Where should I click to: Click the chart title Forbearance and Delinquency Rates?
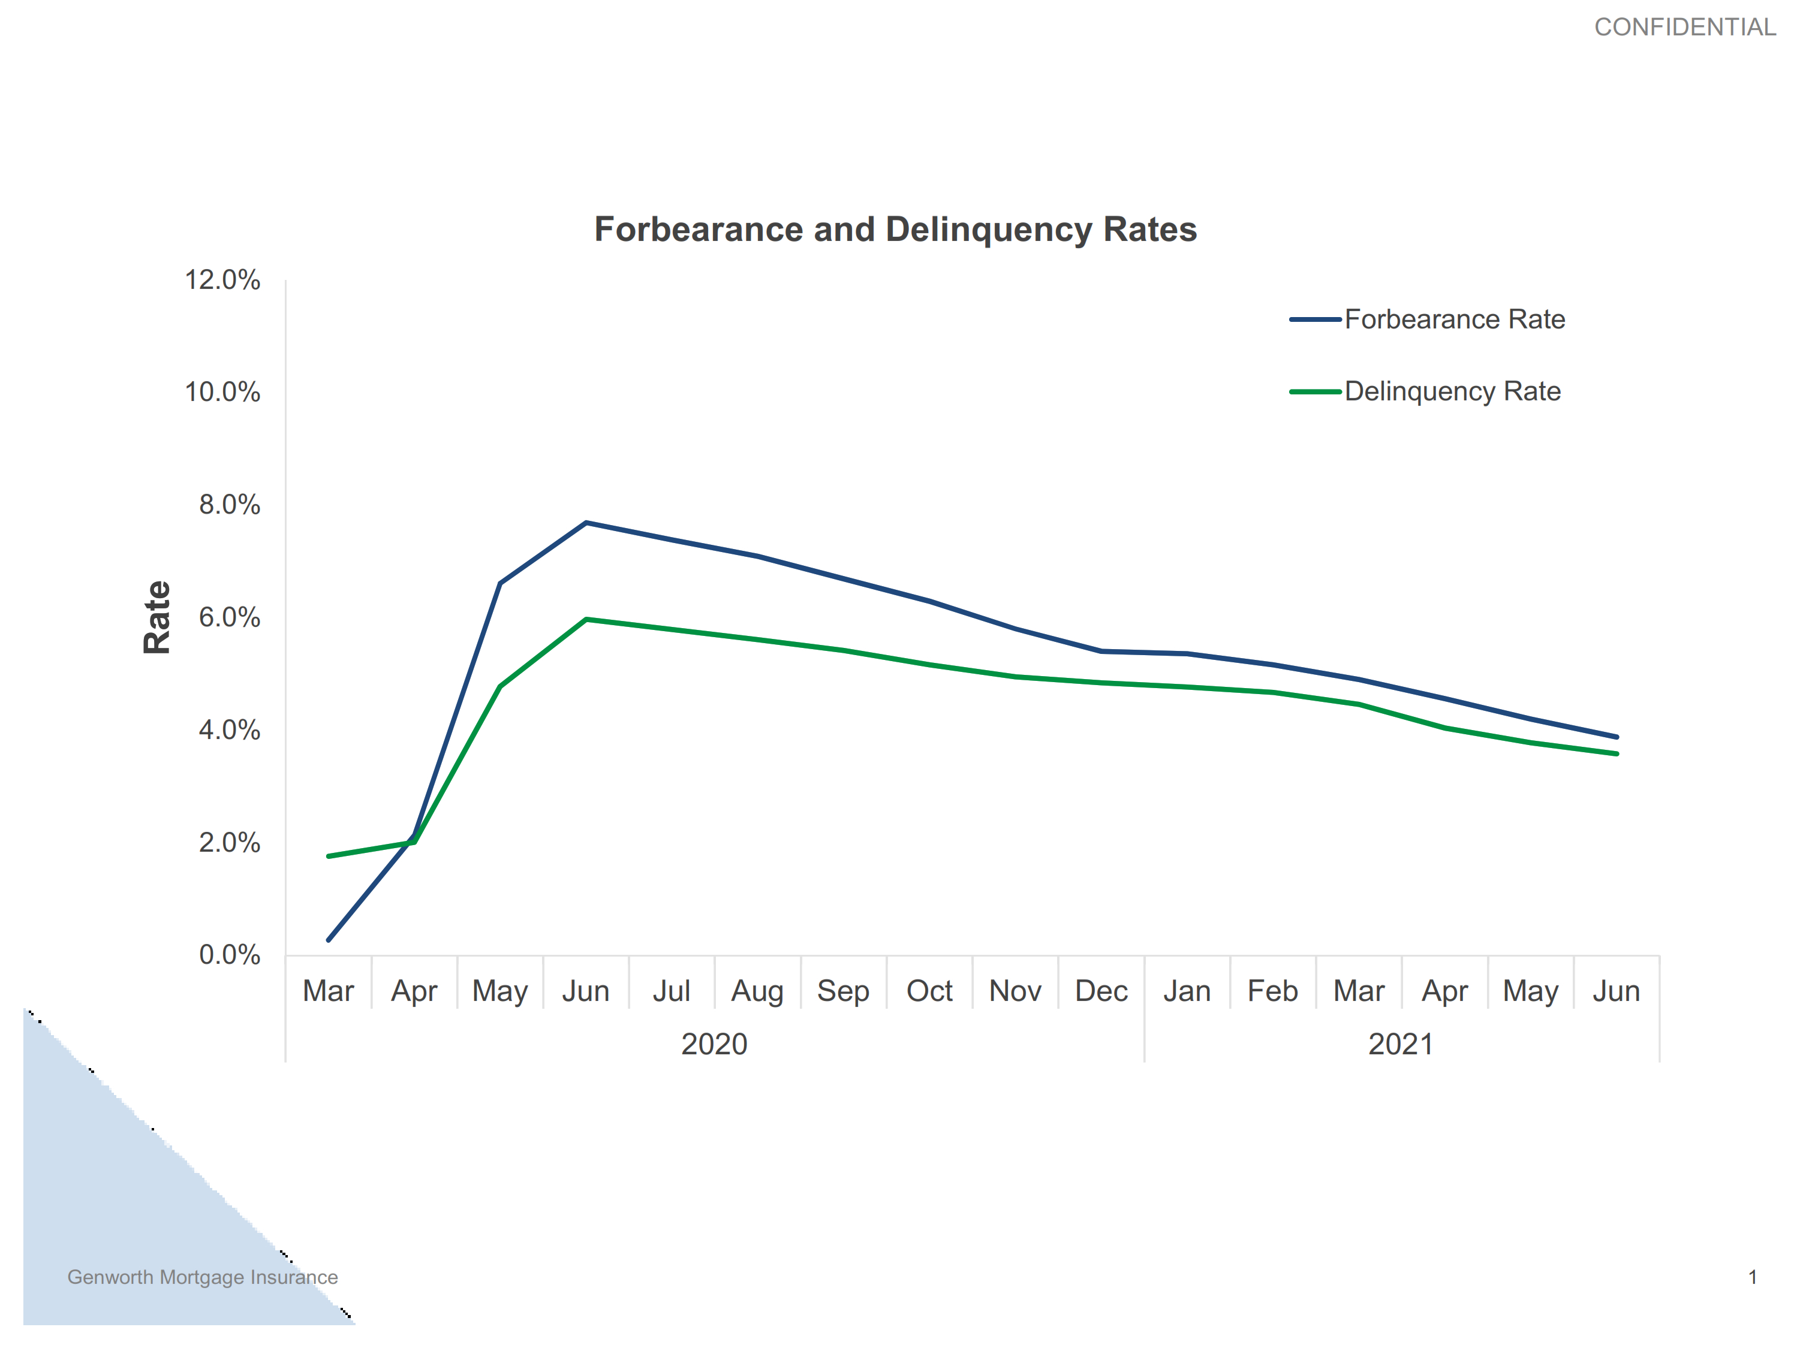(895, 230)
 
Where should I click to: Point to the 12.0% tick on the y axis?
(222, 281)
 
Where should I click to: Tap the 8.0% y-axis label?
(229, 505)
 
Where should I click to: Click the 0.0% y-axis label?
(229, 955)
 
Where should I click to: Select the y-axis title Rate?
(156, 617)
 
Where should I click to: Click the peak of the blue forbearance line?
(586, 523)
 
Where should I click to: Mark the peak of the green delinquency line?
(586, 620)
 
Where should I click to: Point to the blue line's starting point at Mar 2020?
(328, 940)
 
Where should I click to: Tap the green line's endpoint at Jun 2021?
(1617, 754)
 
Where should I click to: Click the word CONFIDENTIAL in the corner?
(1684, 28)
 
